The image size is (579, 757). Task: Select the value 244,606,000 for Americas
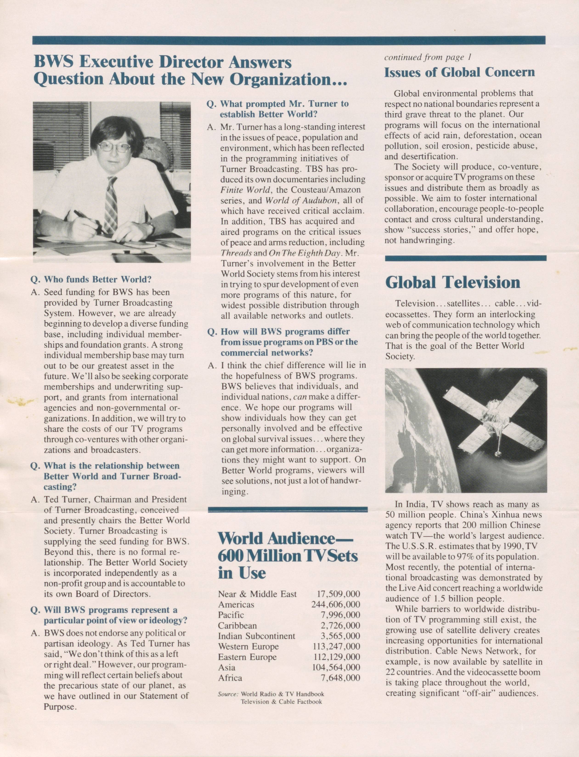point(336,604)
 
